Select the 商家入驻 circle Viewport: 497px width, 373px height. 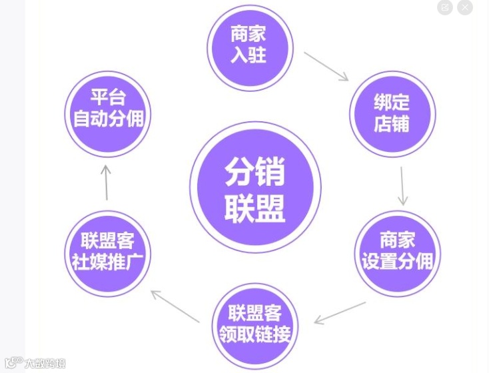(249, 43)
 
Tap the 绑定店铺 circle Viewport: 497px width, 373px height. (392, 113)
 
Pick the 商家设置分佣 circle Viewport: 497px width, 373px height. (397, 252)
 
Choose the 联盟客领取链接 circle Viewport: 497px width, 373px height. (255, 324)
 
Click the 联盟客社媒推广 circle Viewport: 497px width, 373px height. (108, 252)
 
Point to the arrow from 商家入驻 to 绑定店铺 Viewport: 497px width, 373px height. (326, 66)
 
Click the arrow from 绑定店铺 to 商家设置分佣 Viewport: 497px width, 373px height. (402, 186)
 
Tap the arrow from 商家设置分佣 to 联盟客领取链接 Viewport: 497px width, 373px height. (340, 312)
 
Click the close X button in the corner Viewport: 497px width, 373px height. (464, 7)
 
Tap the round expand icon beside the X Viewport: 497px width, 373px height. (445, 7)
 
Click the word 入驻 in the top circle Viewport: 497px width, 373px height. (249, 54)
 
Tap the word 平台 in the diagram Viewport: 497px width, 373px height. (108, 98)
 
